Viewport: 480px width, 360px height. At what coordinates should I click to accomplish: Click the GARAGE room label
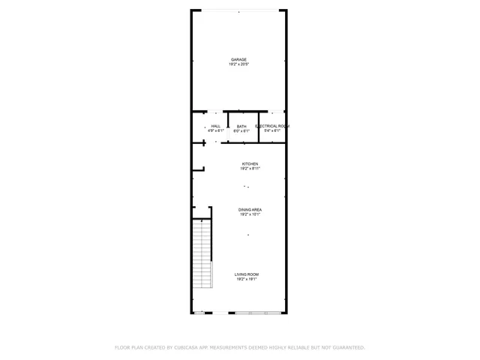[x=238, y=60]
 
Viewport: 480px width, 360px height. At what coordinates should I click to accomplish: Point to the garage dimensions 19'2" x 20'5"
[x=238, y=64]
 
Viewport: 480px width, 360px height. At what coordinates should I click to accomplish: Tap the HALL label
[x=216, y=126]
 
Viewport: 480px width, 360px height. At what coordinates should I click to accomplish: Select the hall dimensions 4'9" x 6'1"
[x=216, y=130]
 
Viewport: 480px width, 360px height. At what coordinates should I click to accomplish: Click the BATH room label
[x=241, y=126]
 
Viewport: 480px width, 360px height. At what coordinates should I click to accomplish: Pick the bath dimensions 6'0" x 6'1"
[x=241, y=130]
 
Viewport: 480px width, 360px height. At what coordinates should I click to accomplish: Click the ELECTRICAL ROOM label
[x=272, y=126]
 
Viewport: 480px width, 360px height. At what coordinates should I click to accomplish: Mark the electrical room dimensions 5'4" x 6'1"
[x=272, y=130]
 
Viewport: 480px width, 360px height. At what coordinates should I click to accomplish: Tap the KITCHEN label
[x=250, y=163]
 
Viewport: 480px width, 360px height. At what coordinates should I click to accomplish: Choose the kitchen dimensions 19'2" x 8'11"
[x=250, y=168]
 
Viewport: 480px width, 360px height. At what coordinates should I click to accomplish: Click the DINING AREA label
[x=250, y=209]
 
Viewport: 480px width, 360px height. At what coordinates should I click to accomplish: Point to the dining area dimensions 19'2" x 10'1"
[x=250, y=214]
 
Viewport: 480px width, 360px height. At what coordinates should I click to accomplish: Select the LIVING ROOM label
[x=248, y=274]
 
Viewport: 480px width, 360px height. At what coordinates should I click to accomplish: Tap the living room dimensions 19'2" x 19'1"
[x=248, y=279]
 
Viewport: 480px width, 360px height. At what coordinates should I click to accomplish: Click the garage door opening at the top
[x=238, y=10]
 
